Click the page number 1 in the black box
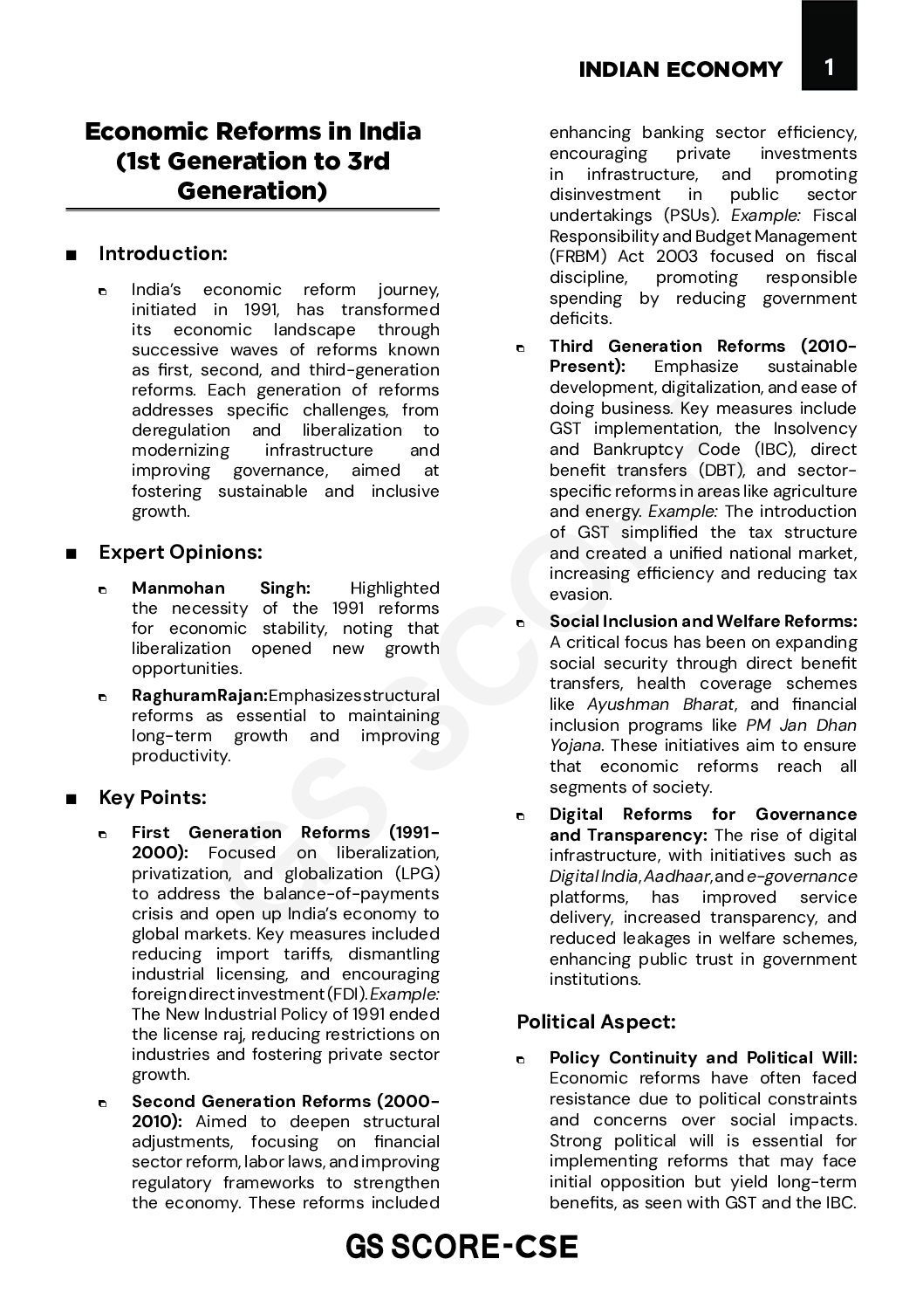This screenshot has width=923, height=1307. pos(829,67)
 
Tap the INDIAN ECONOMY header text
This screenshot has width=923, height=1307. pos(680,70)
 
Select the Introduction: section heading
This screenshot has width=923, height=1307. pos(163,254)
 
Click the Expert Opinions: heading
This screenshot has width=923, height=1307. pos(181,552)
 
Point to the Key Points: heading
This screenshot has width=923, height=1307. pos(153,797)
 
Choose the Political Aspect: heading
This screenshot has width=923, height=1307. pos(596,1022)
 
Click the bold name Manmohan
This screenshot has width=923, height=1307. pos(178,588)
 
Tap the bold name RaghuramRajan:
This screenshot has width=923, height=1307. pos(200,696)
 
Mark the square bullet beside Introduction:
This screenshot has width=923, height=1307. pos(71,256)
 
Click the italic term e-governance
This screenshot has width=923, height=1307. pos(802,877)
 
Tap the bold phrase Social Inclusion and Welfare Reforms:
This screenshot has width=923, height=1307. pos(703,622)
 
